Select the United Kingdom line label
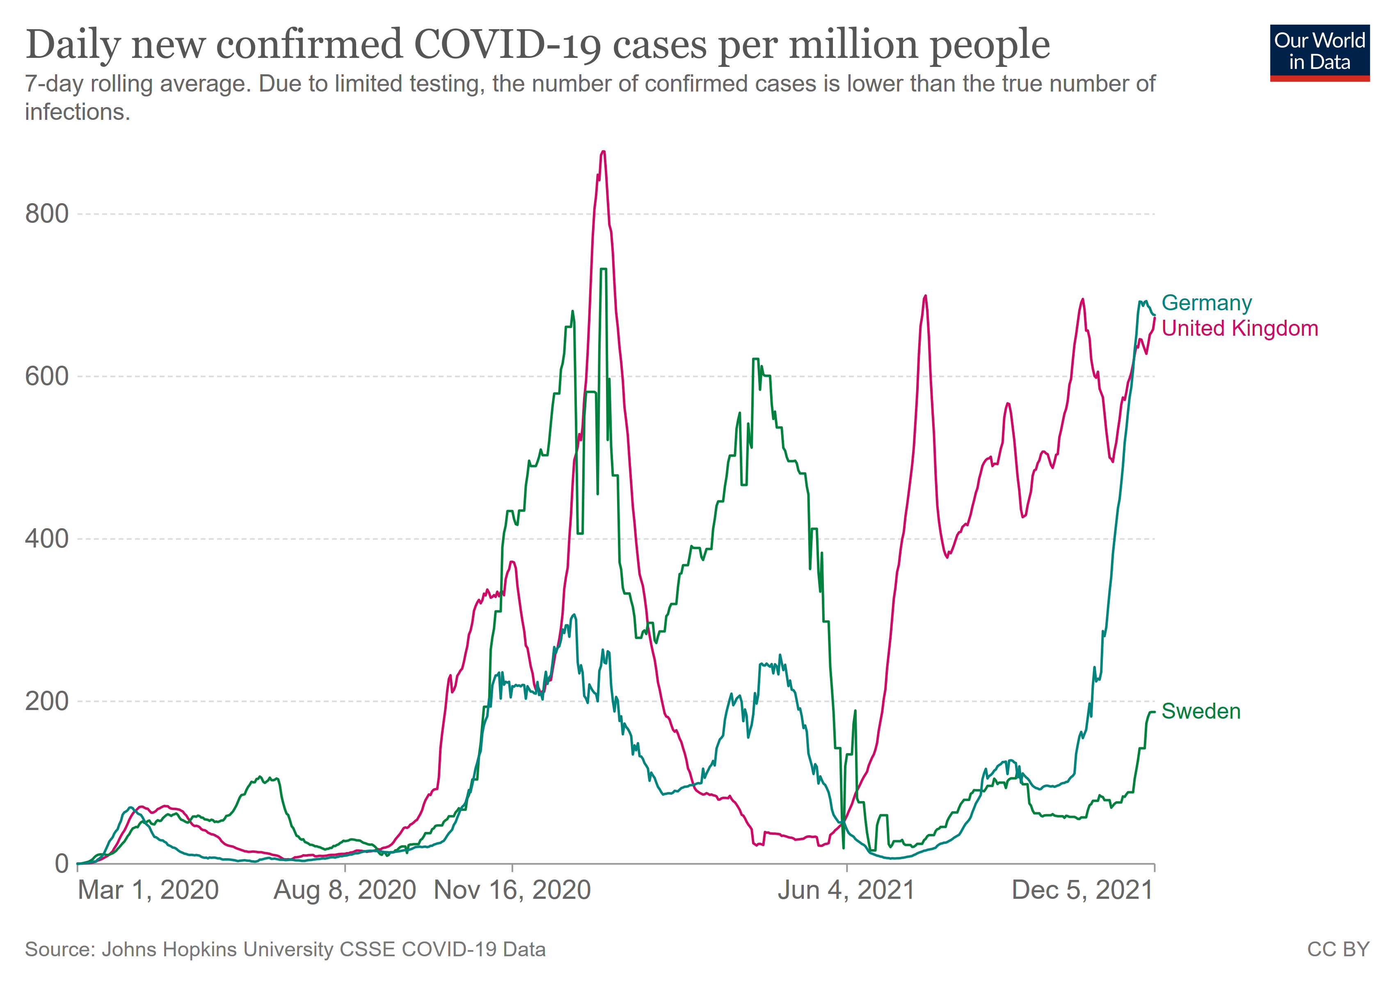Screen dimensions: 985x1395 [x=1239, y=328]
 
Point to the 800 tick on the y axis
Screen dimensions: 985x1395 [x=47, y=214]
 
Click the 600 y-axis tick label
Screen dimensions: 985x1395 [x=47, y=376]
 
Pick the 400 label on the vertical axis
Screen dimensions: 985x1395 [x=47, y=538]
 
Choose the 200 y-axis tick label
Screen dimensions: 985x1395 [x=47, y=701]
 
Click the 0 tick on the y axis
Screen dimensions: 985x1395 [x=62, y=864]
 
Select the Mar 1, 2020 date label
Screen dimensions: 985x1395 [x=148, y=890]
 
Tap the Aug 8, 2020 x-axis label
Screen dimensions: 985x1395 [x=345, y=890]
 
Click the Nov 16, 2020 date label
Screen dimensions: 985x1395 [x=512, y=890]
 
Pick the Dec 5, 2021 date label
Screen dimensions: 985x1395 [x=1082, y=890]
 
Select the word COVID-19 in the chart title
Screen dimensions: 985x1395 [x=507, y=45]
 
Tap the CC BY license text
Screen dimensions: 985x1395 [x=1338, y=949]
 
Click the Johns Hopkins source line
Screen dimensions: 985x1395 [x=285, y=949]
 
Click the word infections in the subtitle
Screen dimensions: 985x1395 [x=77, y=112]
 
